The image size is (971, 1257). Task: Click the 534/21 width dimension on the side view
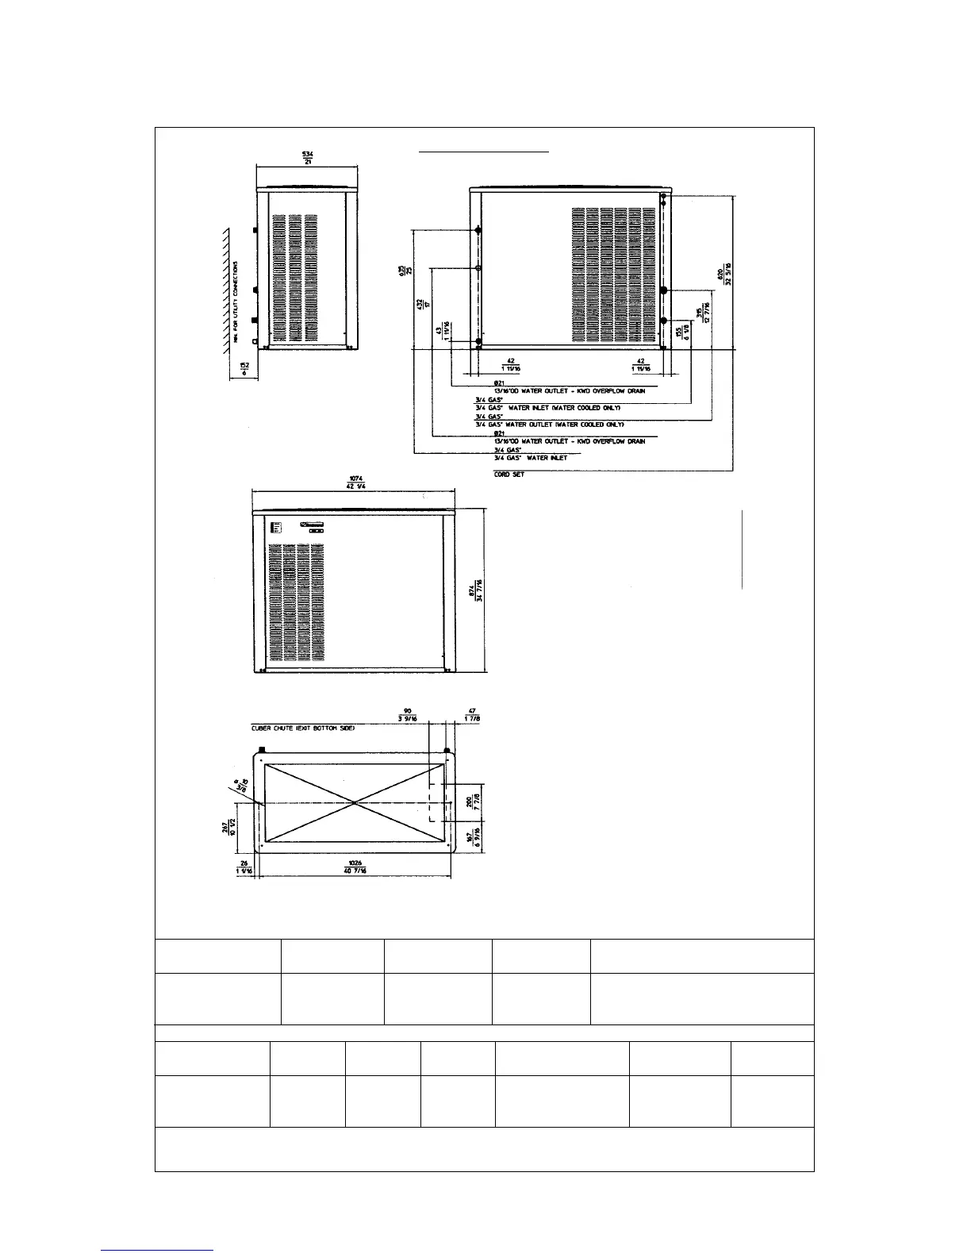click(307, 157)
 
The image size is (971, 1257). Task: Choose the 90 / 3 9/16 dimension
click(407, 714)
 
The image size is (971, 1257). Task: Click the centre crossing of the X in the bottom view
click(355, 803)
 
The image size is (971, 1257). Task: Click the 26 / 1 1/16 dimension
click(244, 867)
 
